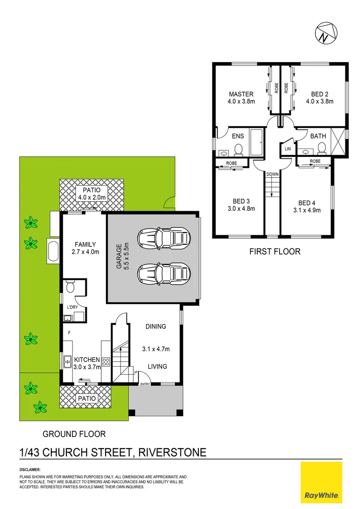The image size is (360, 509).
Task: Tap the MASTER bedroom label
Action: [241, 94]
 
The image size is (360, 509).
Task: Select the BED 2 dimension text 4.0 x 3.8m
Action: [319, 101]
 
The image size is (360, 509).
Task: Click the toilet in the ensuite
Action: [238, 150]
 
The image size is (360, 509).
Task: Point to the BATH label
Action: [318, 136]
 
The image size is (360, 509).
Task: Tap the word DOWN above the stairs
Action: [272, 174]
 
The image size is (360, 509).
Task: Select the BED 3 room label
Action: [241, 200]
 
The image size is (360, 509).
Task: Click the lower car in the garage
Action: [164, 273]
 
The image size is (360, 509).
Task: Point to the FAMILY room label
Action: [85, 244]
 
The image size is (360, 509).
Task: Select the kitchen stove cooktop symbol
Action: [106, 362]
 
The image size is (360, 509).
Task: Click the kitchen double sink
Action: [67, 362]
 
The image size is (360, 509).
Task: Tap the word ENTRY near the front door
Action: [145, 384]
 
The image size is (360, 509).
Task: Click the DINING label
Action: [155, 326]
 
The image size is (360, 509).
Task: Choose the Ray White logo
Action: [321, 482]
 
